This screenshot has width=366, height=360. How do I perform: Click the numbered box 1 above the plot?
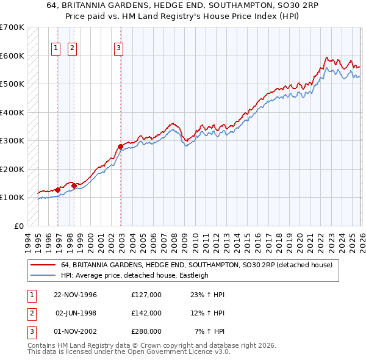coord(56,48)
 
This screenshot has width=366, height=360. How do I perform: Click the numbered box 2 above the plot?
coord(72,48)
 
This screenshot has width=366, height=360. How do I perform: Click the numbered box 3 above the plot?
coord(118,48)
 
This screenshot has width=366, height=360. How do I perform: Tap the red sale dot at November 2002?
coord(120,146)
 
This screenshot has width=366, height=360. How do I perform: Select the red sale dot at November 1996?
coord(58,190)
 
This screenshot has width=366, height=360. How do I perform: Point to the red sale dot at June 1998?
coord(74,185)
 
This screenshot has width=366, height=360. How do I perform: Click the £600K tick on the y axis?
coord(12,56)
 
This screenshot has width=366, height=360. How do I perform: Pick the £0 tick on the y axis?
coord(20,226)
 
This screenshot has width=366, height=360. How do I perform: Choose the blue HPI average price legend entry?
coord(135,275)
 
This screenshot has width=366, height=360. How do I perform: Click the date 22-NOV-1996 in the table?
coord(75,294)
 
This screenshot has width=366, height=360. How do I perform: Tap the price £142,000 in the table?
coord(146,312)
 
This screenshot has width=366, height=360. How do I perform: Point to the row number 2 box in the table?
coord(30,312)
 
